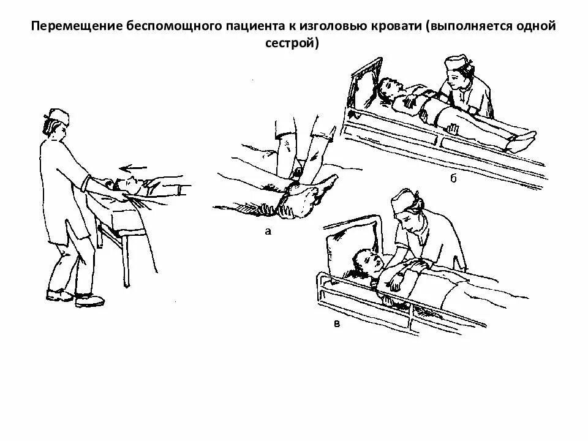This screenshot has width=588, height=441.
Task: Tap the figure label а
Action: [x=267, y=231]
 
